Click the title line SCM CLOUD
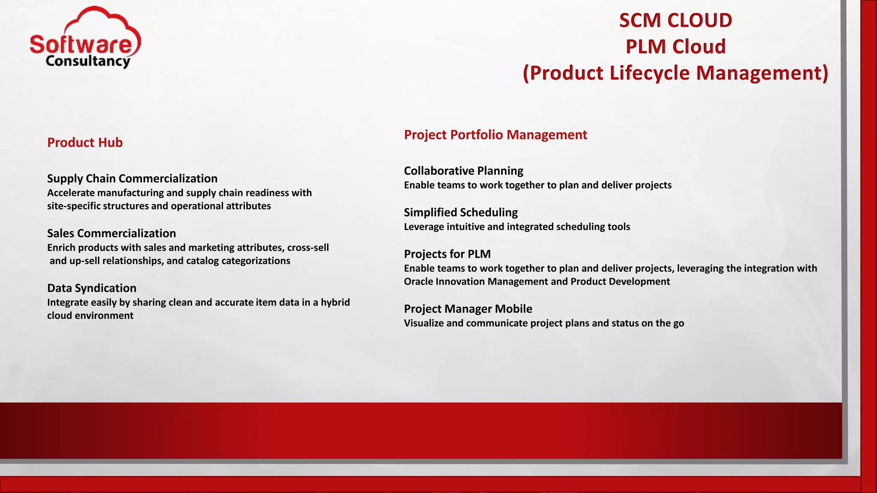676,21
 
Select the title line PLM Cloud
676,47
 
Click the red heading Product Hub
85,143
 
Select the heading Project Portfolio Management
495,135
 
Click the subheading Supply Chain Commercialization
132,178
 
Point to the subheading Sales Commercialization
111,233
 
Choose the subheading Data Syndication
92,288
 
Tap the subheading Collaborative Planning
463,171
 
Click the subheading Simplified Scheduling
461,212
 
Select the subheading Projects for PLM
447,254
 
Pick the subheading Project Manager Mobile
468,309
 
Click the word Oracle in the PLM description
418,282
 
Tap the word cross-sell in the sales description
308,248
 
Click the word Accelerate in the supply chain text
71,193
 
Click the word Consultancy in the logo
88,61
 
